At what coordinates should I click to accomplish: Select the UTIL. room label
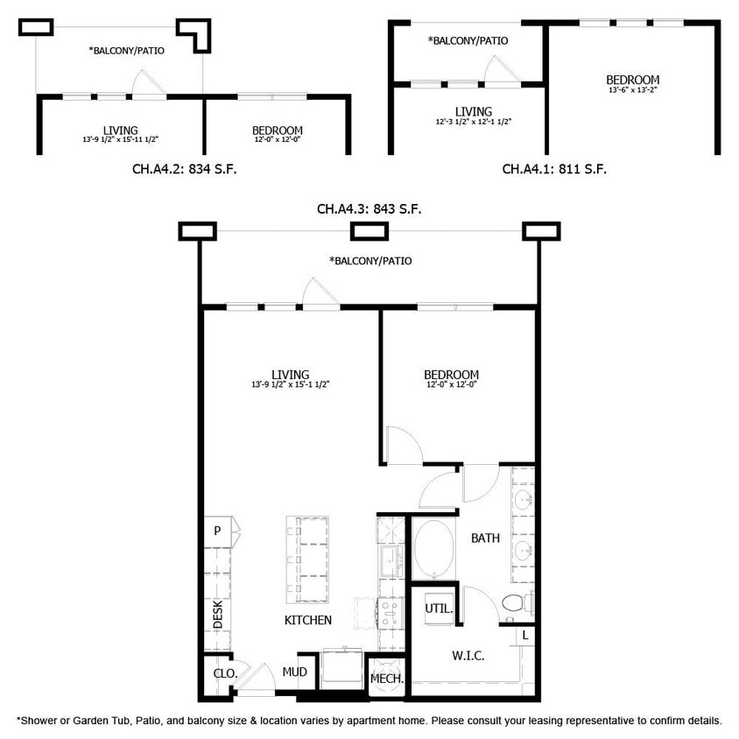pyautogui.click(x=437, y=608)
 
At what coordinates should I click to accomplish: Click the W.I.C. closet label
pyautogui.click(x=468, y=655)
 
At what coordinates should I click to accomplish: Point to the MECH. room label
pyautogui.click(x=386, y=679)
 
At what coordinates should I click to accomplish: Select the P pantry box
pyautogui.click(x=216, y=530)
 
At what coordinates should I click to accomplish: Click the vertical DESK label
pyautogui.click(x=218, y=614)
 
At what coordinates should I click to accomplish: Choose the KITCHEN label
pyautogui.click(x=307, y=620)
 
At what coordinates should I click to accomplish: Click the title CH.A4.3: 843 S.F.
pyautogui.click(x=369, y=209)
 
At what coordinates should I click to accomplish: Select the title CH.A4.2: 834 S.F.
pyautogui.click(x=184, y=168)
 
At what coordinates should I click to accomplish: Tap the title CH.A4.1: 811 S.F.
pyautogui.click(x=554, y=168)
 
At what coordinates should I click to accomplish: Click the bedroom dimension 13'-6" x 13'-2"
pyautogui.click(x=632, y=89)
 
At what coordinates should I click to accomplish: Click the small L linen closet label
pyautogui.click(x=524, y=634)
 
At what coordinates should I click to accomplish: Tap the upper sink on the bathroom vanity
pyautogui.click(x=523, y=500)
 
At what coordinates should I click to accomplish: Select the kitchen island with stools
pyautogui.click(x=308, y=559)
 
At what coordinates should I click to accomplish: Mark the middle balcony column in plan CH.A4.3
pyautogui.click(x=369, y=231)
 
